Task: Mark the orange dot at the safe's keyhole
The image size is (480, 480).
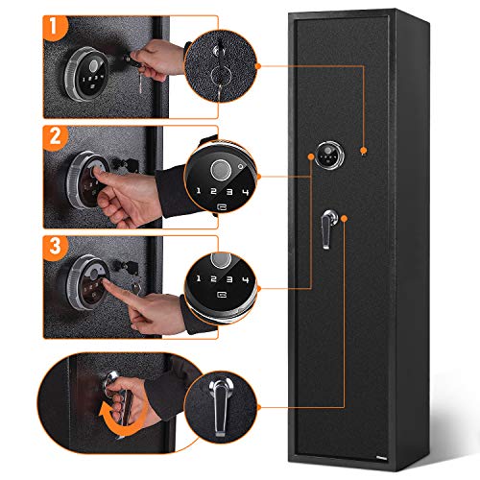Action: click(362, 151)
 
